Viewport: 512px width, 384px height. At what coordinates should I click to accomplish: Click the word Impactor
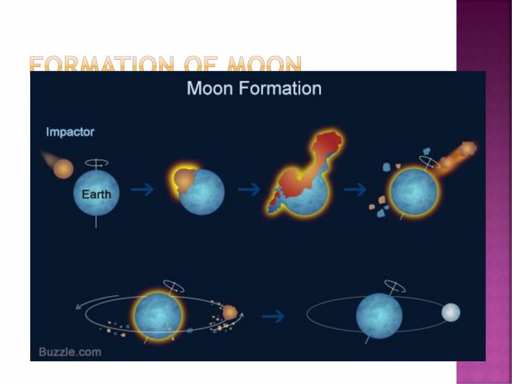tap(70, 132)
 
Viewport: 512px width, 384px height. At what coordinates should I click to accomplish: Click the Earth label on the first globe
tap(96, 194)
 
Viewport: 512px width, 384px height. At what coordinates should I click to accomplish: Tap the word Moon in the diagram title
tap(209, 89)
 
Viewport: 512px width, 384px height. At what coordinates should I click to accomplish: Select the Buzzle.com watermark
tap(70, 352)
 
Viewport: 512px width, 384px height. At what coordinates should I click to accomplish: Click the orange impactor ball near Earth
tap(63, 168)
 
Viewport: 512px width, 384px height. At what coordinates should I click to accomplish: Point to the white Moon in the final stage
tap(451, 312)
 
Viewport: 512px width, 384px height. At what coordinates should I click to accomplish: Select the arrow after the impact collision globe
tap(249, 190)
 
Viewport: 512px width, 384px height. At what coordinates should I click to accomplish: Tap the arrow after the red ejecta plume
tap(355, 190)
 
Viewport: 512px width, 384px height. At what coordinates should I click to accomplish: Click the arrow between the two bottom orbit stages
tap(272, 316)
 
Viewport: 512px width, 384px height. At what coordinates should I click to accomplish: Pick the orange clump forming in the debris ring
tap(230, 312)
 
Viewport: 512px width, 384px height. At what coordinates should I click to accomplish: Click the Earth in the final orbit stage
tap(379, 316)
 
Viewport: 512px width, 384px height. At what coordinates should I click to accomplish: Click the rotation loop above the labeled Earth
tap(96, 162)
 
